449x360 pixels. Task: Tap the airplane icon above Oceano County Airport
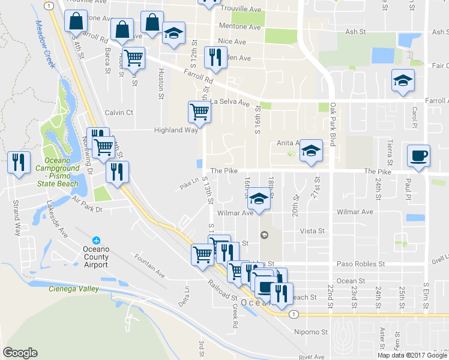pyautogui.click(x=97, y=239)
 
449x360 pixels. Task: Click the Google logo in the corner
pyautogui.click(x=20, y=353)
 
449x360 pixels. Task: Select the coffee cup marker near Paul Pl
pyautogui.click(x=418, y=156)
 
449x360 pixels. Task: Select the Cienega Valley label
pyautogui.click(x=73, y=289)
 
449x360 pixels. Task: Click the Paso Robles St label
pyautogui.click(x=360, y=264)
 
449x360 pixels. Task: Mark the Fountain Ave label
pyautogui.click(x=149, y=266)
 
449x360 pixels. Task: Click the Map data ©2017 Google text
pyautogui.click(x=412, y=355)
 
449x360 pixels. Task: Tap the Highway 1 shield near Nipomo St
pyautogui.click(x=293, y=314)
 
